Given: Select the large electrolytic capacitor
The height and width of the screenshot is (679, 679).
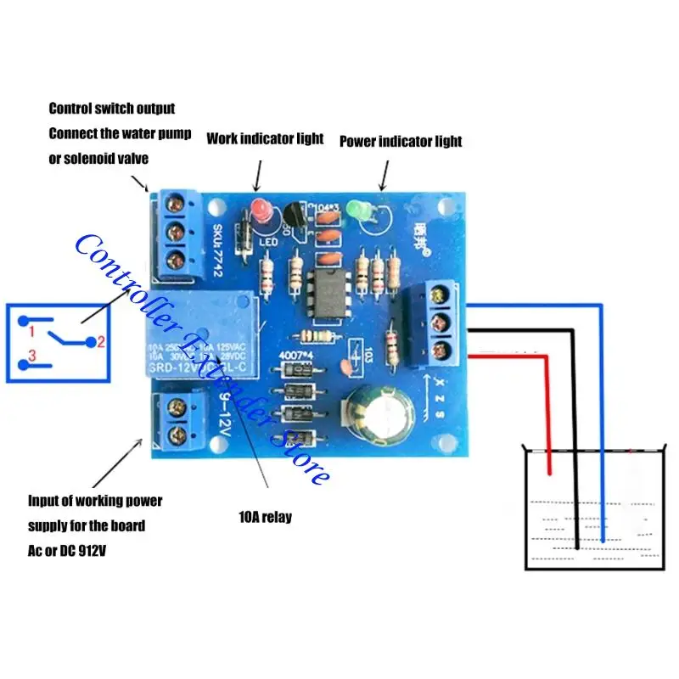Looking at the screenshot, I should click(x=381, y=417).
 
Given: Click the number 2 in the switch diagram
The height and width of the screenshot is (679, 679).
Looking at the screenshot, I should click(x=99, y=342).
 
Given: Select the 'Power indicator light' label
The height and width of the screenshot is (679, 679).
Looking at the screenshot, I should click(x=401, y=141).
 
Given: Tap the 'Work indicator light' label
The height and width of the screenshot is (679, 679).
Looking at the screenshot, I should click(x=265, y=138).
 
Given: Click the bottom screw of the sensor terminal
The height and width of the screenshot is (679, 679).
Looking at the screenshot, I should click(x=438, y=350).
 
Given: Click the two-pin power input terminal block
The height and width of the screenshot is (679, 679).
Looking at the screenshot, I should click(x=177, y=422).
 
